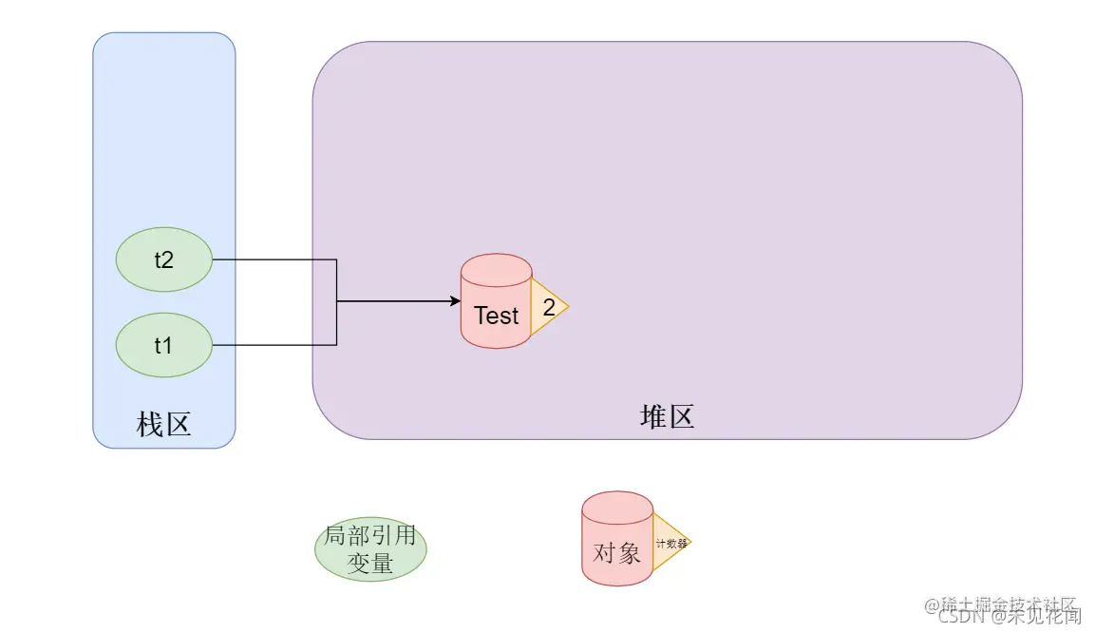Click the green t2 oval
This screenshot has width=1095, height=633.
[x=163, y=259]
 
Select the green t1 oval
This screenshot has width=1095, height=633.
[x=163, y=345]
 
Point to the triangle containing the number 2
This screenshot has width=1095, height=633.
[x=547, y=307]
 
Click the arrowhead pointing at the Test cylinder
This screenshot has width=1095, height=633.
[x=454, y=302]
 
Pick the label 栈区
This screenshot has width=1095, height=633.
[x=163, y=424]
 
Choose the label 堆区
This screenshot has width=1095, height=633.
[x=667, y=416]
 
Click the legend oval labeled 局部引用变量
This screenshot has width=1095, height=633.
[x=370, y=549]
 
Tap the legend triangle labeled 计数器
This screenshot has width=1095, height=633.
[x=670, y=543]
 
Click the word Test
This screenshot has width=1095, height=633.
[x=496, y=316]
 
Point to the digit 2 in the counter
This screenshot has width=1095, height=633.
[x=548, y=307]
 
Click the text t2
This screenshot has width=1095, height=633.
[x=163, y=259]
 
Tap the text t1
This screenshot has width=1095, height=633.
[x=163, y=345]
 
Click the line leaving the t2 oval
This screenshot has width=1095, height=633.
[x=275, y=259]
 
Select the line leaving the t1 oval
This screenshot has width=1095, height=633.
[x=275, y=345]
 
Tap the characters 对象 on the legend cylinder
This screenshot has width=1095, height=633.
[x=616, y=552]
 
